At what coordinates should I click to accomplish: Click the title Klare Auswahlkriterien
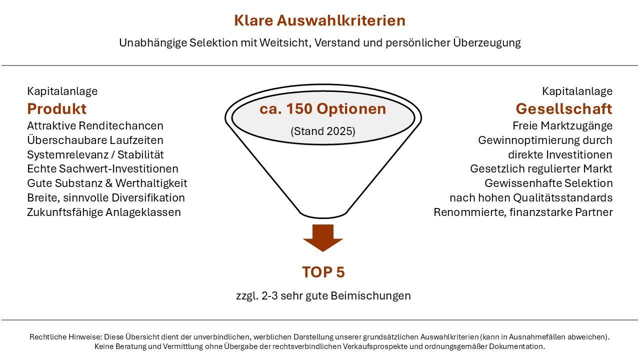319,20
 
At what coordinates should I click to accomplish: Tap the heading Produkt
56,109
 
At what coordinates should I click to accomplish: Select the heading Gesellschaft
564,109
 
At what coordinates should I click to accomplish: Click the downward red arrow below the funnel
323,237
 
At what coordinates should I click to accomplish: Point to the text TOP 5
323,272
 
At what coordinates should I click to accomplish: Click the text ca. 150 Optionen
323,109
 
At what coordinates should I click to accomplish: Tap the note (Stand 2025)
323,131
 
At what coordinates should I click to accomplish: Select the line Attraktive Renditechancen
95,125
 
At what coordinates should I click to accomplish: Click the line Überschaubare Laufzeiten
95,140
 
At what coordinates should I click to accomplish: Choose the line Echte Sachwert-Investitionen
102,168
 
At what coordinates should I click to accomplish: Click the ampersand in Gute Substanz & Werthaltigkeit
109,183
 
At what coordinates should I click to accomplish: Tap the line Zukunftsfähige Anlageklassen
104,212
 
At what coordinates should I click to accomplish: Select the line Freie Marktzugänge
562,125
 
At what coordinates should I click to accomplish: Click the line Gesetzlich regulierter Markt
541,168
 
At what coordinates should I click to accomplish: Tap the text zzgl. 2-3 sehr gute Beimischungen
323,295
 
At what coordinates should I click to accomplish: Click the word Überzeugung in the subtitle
487,43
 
